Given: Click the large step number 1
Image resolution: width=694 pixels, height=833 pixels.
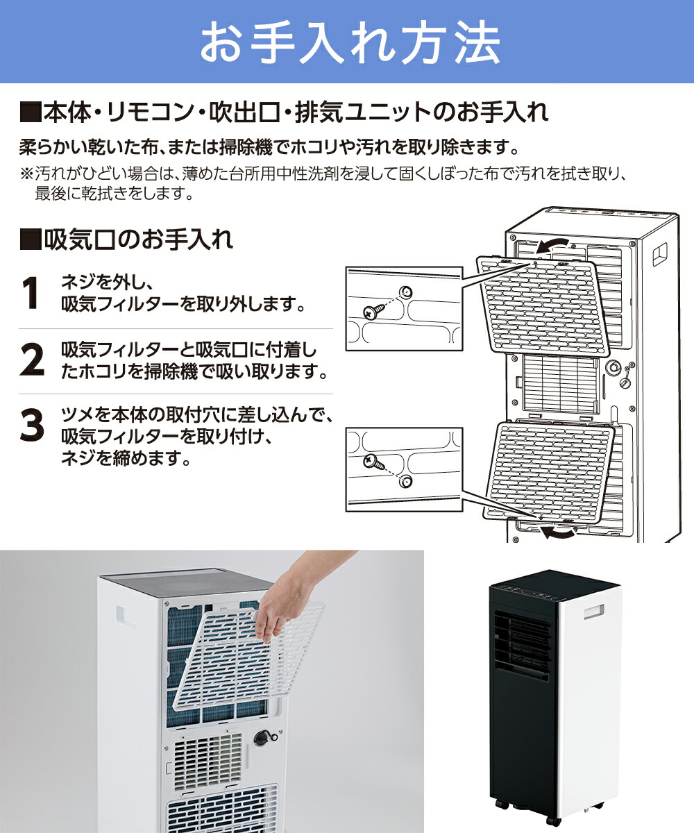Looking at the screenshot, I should [x=30, y=294].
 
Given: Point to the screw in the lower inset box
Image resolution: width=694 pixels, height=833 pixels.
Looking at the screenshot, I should [x=372, y=460].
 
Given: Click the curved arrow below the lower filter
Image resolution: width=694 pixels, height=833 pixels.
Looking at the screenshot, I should [x=559, y=531].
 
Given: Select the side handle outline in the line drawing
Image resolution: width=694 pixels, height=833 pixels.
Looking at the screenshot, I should [x=659, y=253].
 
